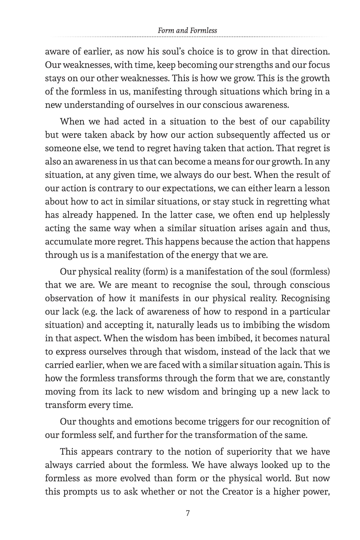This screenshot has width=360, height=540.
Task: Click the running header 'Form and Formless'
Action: click(x=187, y=30)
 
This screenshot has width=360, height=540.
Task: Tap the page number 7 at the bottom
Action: click(x=188, y=513)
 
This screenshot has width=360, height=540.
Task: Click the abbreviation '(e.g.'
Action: click(x=90, y=312)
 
